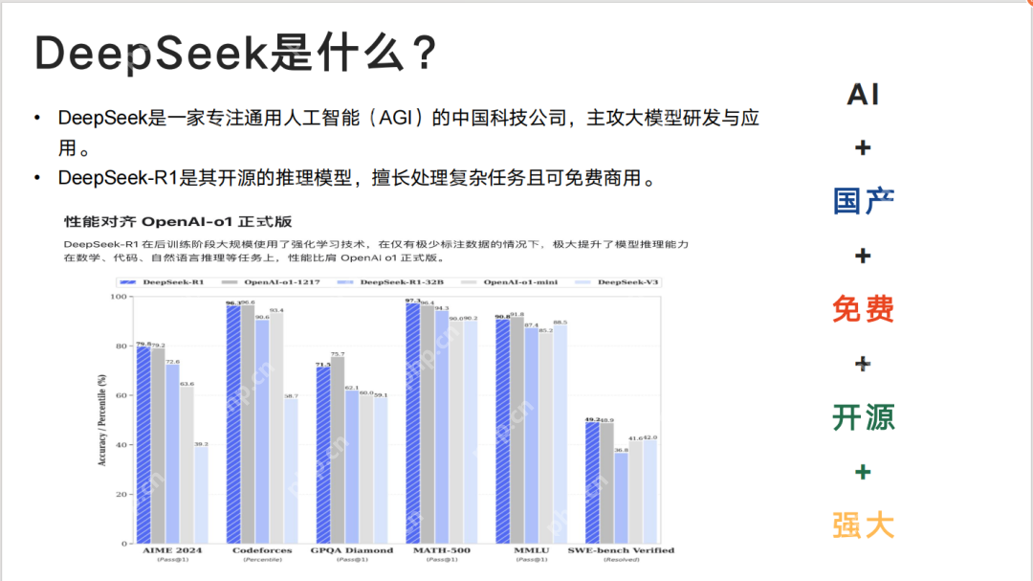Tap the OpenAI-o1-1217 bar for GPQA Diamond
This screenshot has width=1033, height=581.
338,450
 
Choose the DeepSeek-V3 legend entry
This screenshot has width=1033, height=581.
627,282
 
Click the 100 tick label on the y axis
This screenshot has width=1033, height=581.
121,297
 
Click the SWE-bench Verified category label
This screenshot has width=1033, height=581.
621,550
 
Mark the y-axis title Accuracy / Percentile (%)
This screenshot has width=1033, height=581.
101,421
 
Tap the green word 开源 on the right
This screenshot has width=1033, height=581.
863,417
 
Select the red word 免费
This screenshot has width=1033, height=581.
863,309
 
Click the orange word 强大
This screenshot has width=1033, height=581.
863,525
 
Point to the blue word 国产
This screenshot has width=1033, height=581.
863,201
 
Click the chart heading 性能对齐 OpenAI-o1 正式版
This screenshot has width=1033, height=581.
178,221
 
